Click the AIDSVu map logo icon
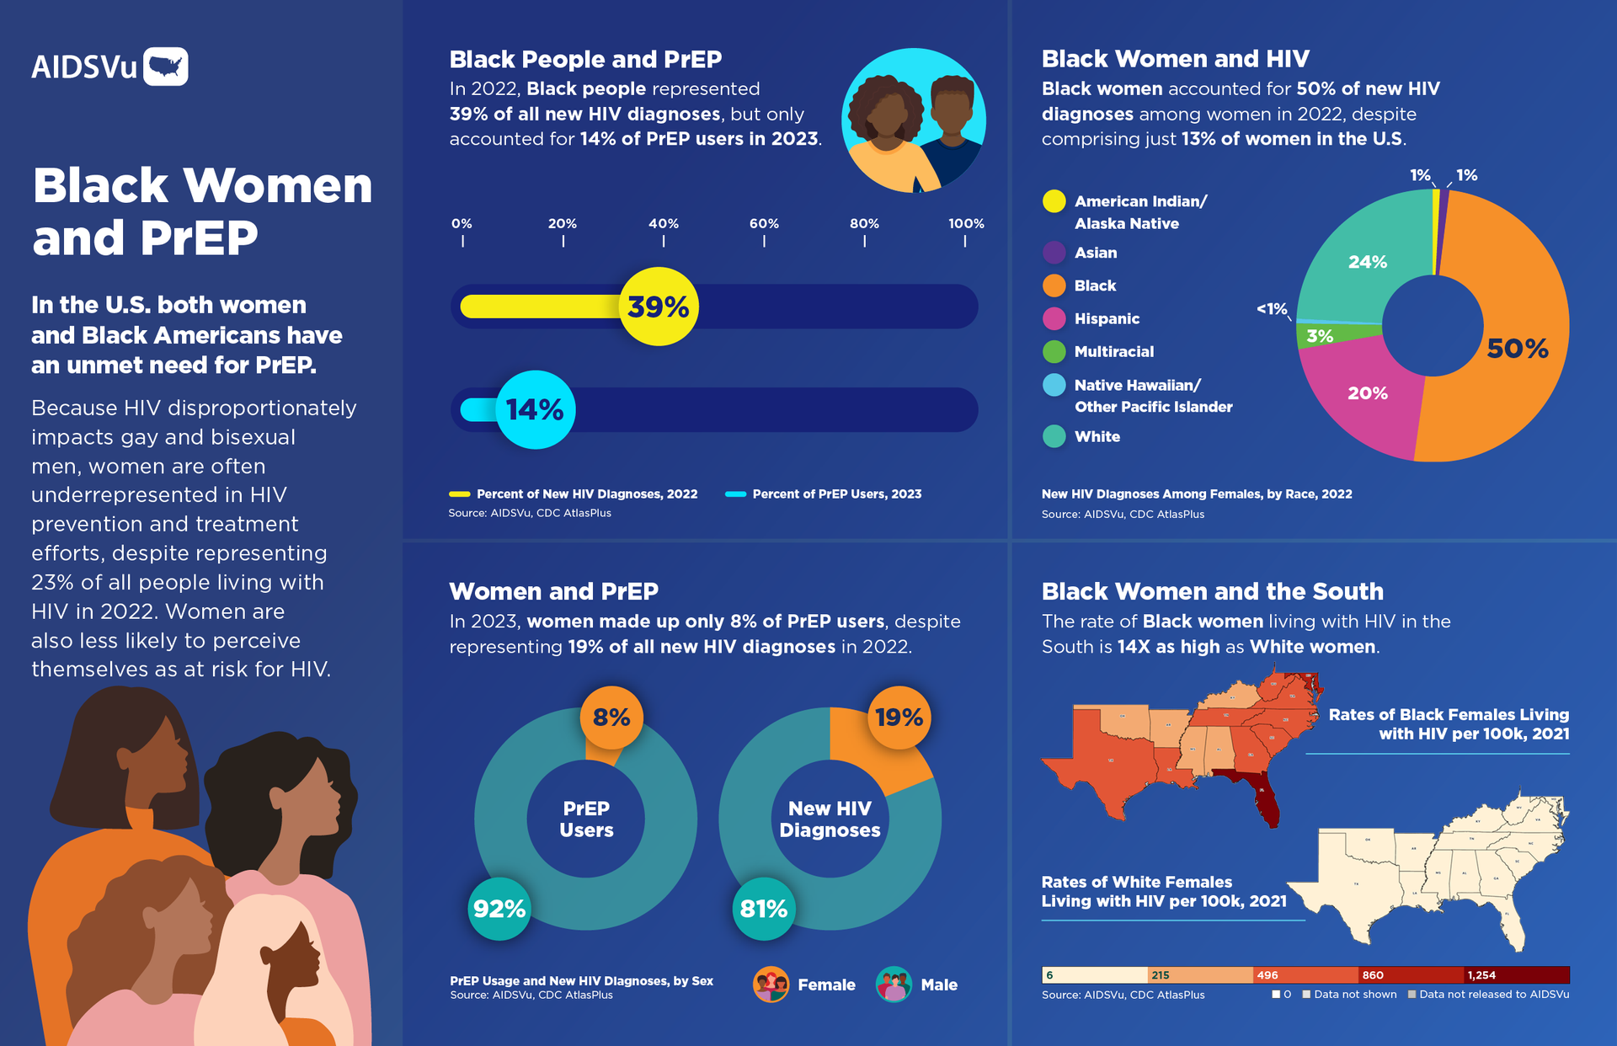(166, 67)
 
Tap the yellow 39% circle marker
(659, 307)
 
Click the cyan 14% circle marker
(536, 410)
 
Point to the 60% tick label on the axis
(764, 224)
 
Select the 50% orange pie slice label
(1517, 349)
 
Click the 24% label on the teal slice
(1367, 262)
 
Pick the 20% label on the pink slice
(1367, 393)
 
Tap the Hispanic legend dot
(1054, 318)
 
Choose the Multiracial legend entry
(1113, 352)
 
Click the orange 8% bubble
(611, 718)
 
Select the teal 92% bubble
(499, 909)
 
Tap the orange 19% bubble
(899, 718)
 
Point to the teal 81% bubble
(764, 909)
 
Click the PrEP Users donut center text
(586, 819)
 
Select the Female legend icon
(771, 984)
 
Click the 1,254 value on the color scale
(1481, 975)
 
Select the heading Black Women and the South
(1212, 591)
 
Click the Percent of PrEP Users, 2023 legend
(835, 494)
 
